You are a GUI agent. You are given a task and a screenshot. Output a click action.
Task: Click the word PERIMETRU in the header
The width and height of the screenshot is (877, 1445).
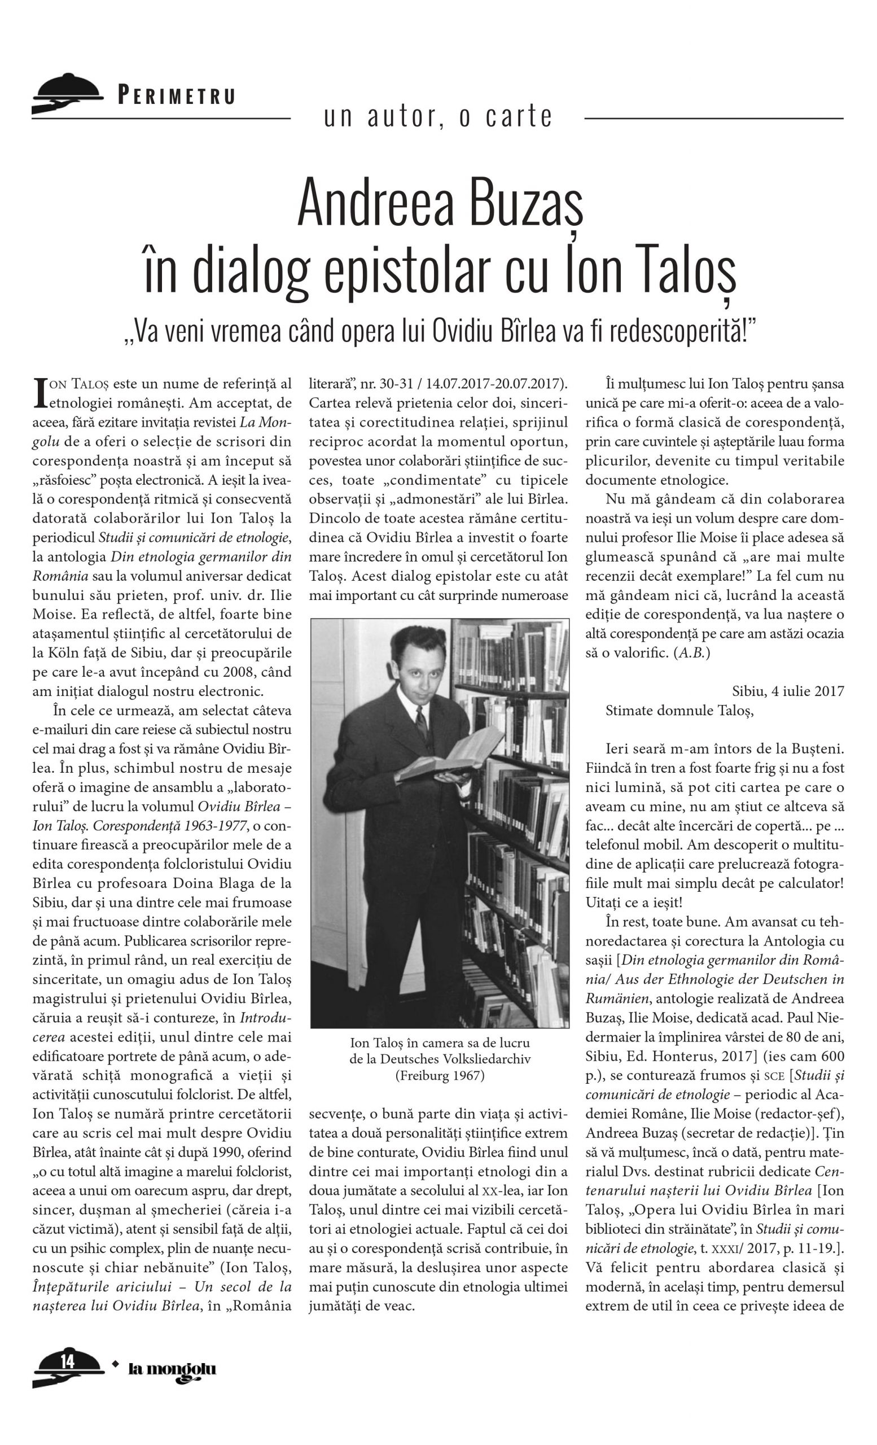click(x=177, y=95)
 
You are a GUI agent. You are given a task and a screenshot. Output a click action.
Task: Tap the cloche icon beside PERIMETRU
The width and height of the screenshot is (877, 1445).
click(x=66, y=94)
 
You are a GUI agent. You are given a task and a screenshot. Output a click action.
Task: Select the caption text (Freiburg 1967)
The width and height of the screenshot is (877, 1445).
click(x=440, y=1075)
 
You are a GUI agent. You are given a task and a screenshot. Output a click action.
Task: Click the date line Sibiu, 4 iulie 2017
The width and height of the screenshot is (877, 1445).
click(x=787, y=691)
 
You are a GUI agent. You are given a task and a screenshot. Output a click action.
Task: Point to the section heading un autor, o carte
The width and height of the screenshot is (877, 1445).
click(x=438, y=116)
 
